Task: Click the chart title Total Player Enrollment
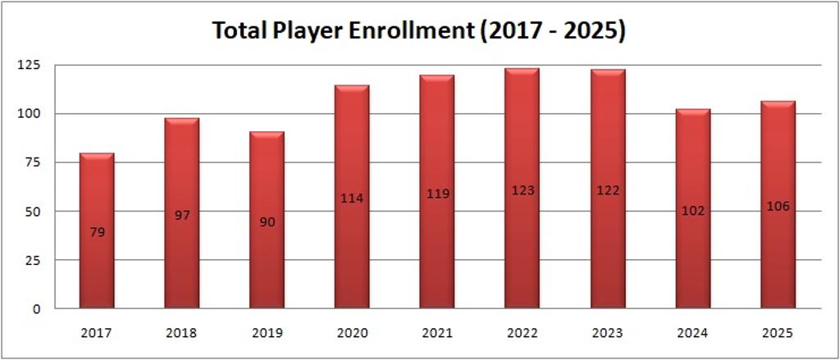[x=419, y=30]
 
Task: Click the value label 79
[x=97, y=232]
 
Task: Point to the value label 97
[x=182, y=215]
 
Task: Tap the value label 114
[x=352, y=198]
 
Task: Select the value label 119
[x=437, y=194]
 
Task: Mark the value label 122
[x=608, y=190]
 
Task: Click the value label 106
[x=778, y=206]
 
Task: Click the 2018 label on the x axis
[x=182, y=334]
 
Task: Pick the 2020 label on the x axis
[x=352, y=334]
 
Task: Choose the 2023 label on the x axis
[x=608, y=334]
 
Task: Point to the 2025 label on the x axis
[x=778, y=334]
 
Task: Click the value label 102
[x=692, y=211]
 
